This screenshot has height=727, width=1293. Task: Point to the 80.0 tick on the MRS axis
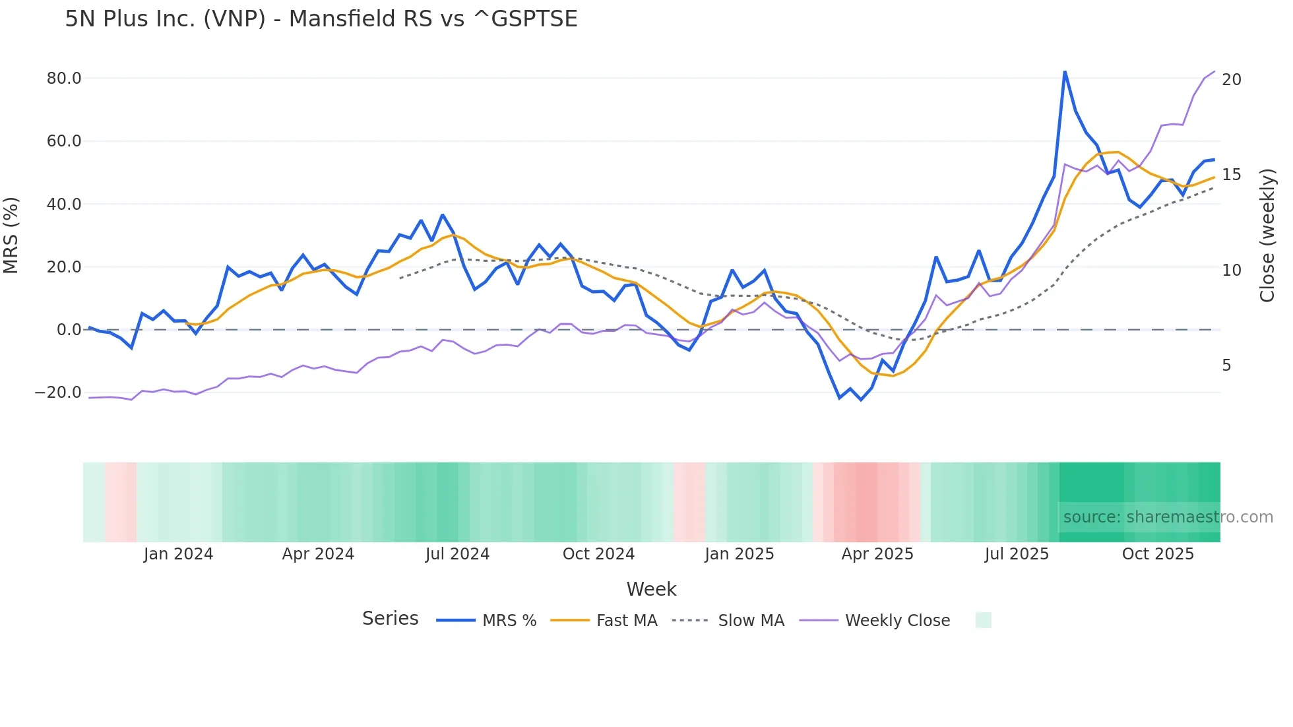pyautogui.click(x=63, y=79)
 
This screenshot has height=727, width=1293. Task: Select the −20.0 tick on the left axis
pyautogui.click(x=58, y=393)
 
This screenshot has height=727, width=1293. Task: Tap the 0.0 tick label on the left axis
pyautogui.click(x=69, y=330)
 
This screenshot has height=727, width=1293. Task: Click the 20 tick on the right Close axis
pyautogui.click(x=1231, y=80)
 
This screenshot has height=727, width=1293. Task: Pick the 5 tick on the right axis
pyautogui.click(x=1226, y=365)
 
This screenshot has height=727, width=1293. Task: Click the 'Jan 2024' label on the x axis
pyautogui.click(x=178, y=554)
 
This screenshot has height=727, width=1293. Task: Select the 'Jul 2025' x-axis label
pyautogui.click(x=1017, y=554)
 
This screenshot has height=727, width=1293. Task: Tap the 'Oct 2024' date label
pyautogui.click(x=598, y=554)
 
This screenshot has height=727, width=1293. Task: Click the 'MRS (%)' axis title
pyautogui.click(x=11, y=236)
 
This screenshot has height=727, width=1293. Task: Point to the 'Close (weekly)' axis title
pyautogui.click(x=1267, y=236)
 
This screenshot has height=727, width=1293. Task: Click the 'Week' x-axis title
pyautogui.click(x=651, y=589)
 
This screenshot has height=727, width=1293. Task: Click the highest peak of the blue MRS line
pyautogui.click(x=1065, y=71)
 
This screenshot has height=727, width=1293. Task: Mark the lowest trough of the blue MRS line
pyautogui.click(x=861, y=400)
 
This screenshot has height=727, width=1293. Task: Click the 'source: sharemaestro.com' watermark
pyautogui.click(x=1168, y=517)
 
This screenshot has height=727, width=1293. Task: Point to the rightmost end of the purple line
pyautogui.click(x=1214, y=71)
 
